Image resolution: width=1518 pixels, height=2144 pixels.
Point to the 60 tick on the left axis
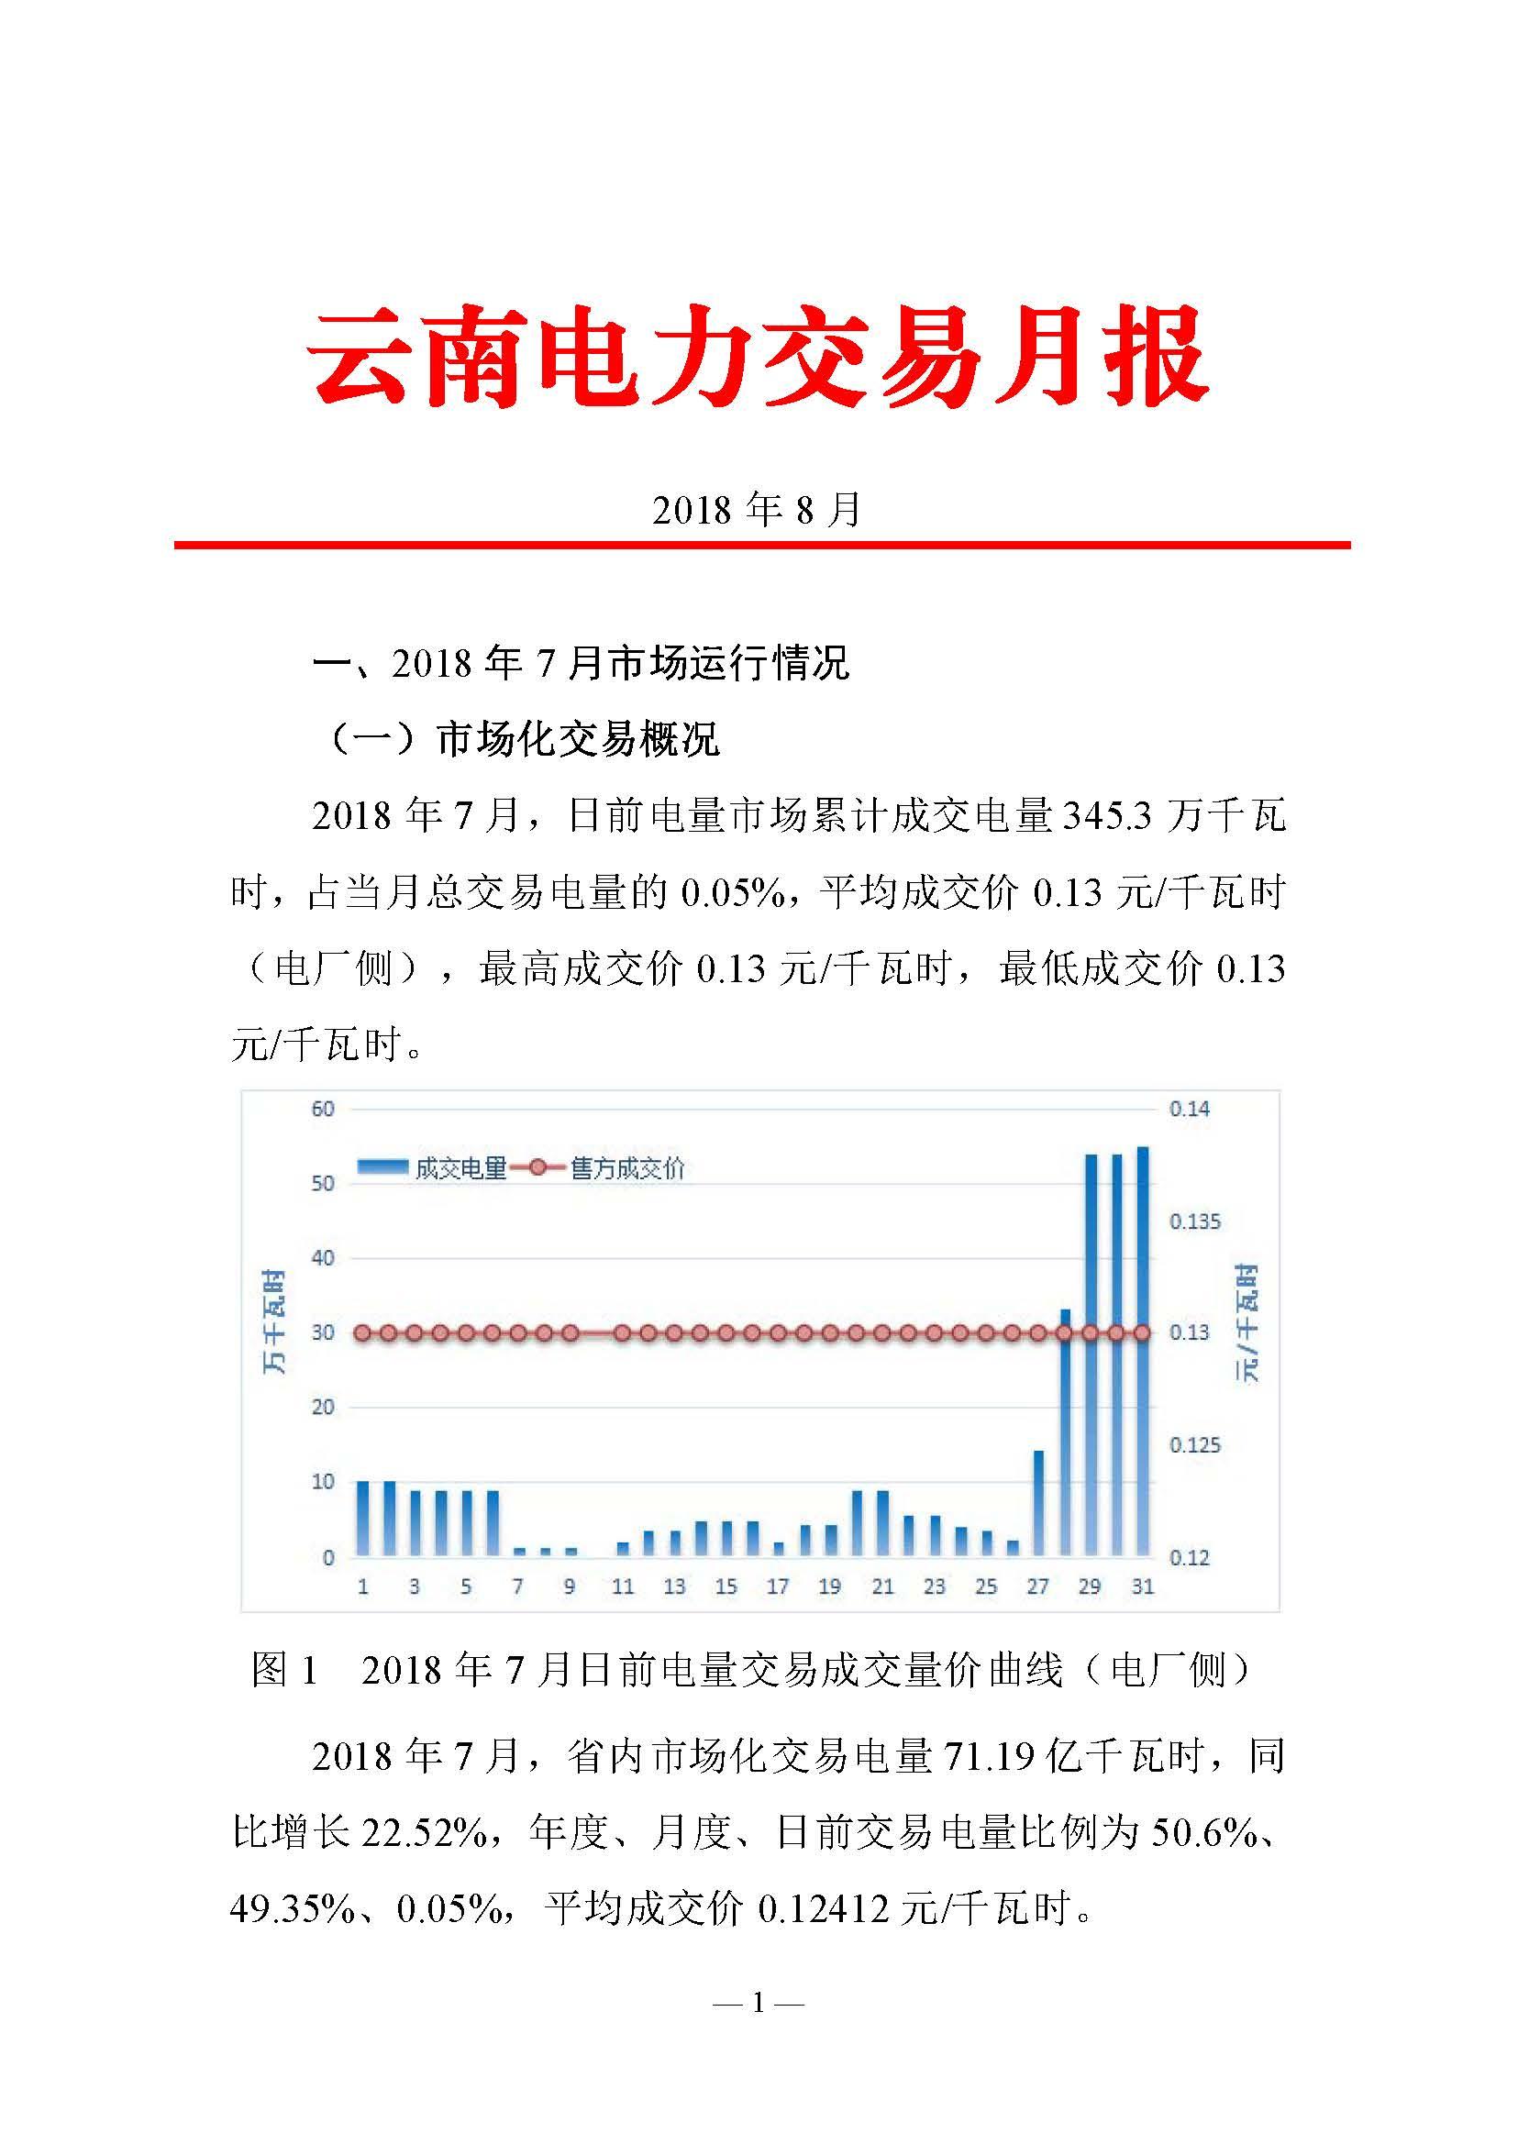(323, 1109)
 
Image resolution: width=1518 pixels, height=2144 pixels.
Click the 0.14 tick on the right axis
(1189, 1109)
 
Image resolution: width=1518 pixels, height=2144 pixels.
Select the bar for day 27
(1037, 1504)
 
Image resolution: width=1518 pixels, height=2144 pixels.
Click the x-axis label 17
(778, 1586)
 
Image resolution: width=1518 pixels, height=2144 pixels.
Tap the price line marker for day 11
(623, 1332)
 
